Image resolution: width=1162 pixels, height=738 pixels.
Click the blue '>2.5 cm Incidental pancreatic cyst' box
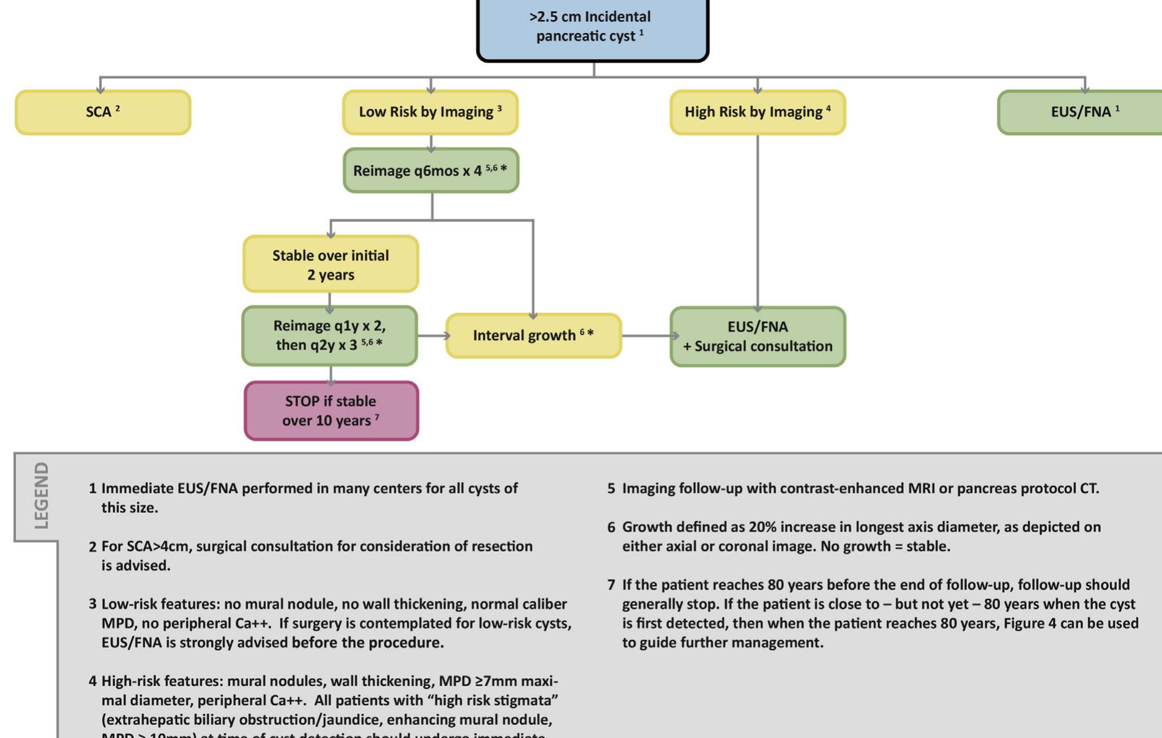click(592, 27)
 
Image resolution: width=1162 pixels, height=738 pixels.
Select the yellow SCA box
click(103, 112)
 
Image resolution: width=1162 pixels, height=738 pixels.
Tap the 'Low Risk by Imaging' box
click(430, 112)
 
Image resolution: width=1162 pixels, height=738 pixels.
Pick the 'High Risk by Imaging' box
click(758, 112)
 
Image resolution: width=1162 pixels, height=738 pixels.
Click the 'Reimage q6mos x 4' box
click(431, 170)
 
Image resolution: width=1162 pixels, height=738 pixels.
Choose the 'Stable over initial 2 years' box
click(331, 265)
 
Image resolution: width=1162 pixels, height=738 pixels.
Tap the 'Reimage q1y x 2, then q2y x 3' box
click(330, 335)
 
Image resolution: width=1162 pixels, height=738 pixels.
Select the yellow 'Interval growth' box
click(534, 335)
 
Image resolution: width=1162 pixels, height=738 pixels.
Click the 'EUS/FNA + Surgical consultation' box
click(758, 337)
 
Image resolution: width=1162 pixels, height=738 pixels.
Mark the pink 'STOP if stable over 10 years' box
click(331, 411)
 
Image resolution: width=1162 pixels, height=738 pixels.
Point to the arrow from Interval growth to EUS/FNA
click(647, 336)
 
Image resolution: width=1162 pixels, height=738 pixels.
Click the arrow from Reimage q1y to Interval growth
click(433, 336)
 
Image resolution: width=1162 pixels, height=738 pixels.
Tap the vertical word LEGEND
click(41, 495)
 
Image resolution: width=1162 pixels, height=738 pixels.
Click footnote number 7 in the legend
click(611, 585)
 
